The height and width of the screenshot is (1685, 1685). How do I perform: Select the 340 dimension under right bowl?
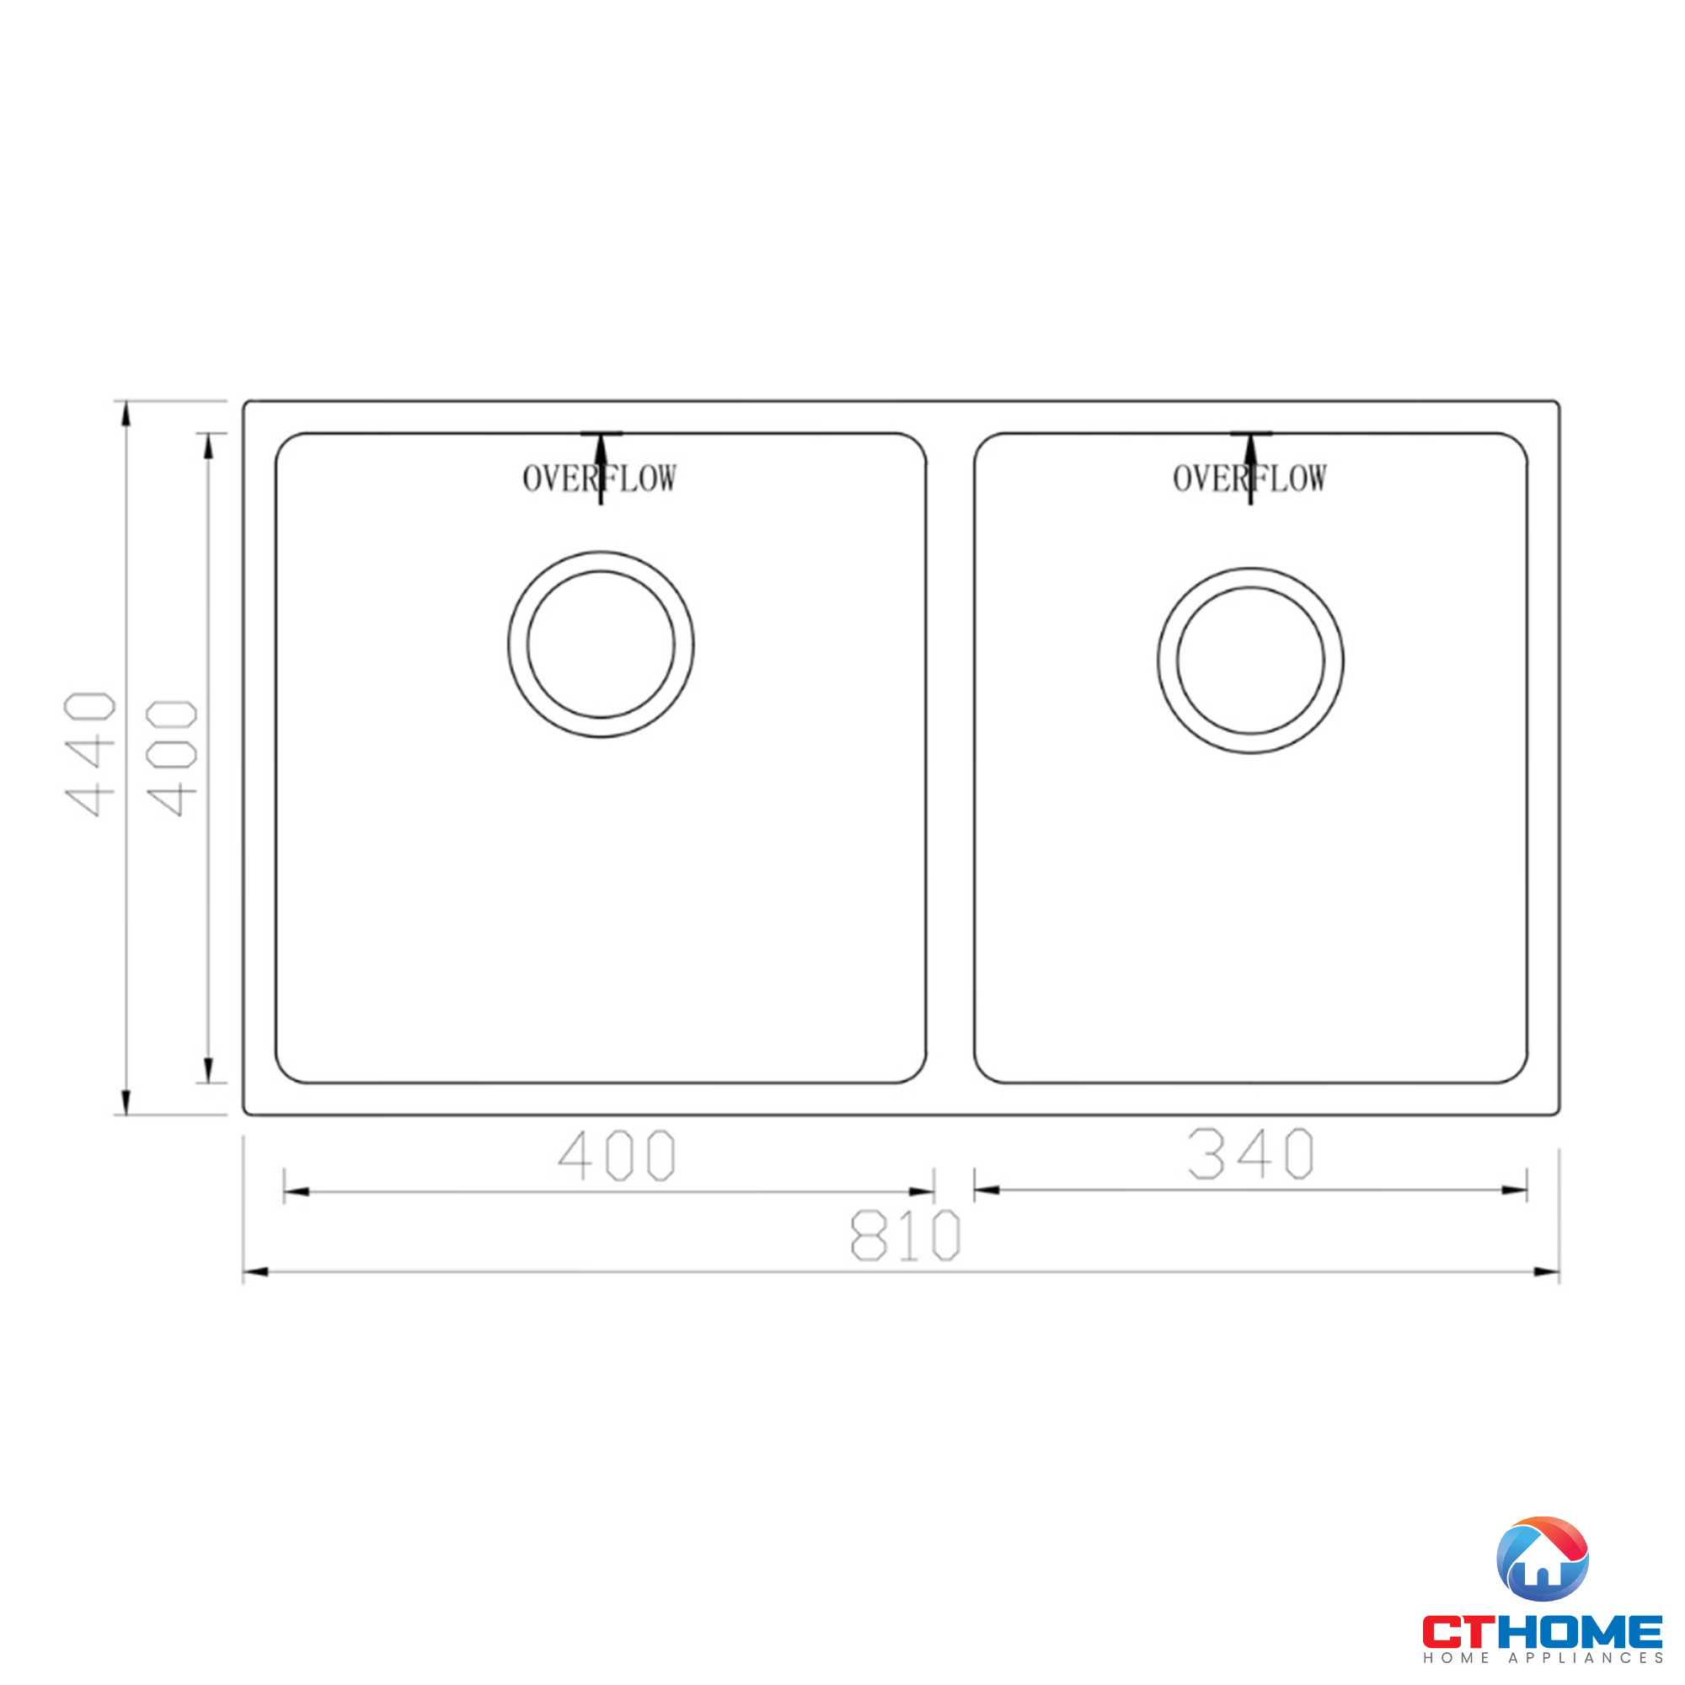[1249, 1154]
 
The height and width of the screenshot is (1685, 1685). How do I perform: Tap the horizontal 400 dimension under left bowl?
[617, 1156]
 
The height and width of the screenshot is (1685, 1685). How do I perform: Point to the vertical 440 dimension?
[90, 753]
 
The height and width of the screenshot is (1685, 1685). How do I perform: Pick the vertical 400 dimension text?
[172, 758]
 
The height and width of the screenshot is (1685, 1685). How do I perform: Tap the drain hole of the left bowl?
[601, 645]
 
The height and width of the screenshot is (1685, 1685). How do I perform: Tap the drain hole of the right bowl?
[1249, 661]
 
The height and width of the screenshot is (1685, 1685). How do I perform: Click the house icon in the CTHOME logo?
[1541, 1559]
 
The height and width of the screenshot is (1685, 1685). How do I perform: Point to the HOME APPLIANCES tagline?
[1542, 1658]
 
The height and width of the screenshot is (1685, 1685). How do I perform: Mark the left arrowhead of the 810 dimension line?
[254, 1272]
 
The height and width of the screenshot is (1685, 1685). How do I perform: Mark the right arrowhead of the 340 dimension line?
[1514, 1190]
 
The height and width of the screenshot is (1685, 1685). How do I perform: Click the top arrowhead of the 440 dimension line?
[126, 414]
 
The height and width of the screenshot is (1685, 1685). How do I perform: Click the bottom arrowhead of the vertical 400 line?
[208, 1070]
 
